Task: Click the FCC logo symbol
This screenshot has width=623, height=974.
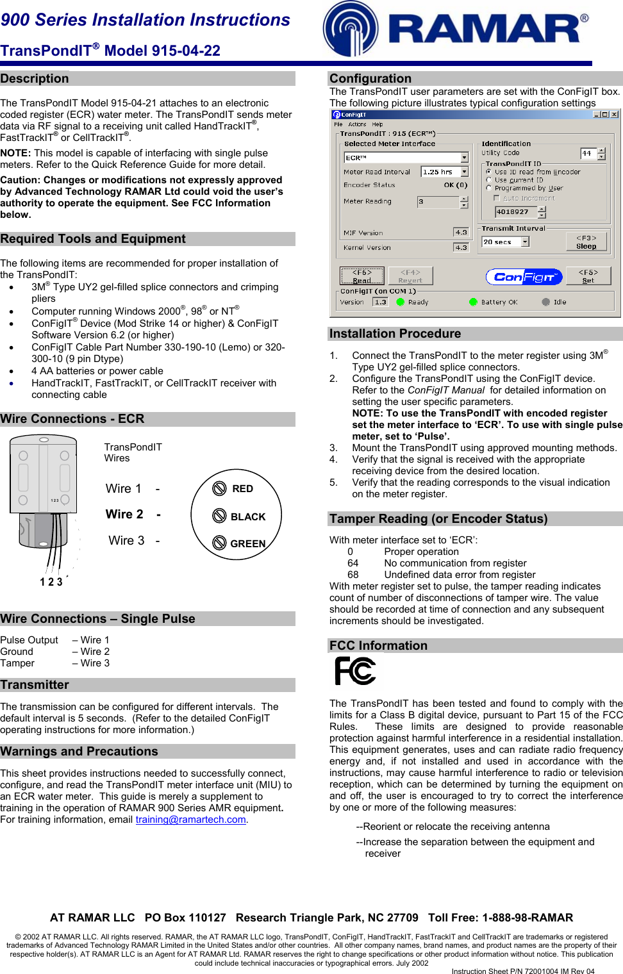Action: pos(355,671)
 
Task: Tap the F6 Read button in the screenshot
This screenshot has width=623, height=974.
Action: pos(361,276)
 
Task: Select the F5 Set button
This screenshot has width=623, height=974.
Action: pos(588,276)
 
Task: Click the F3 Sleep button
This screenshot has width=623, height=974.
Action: pos(586,242)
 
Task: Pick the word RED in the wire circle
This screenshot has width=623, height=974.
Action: pos(242,489)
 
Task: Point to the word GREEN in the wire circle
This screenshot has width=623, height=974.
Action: pos(247,544)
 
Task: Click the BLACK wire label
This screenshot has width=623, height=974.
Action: pos(247,517)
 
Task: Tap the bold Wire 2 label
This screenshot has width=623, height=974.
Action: pos(124,515)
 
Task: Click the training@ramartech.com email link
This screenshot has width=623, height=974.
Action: pos(190,820)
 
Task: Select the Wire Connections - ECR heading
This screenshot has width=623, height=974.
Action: pos(72,419)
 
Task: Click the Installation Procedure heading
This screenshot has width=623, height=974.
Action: pos(395,334)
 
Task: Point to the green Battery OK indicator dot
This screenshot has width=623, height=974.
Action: pos(473,302)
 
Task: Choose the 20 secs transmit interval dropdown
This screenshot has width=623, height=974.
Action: pos(505,242)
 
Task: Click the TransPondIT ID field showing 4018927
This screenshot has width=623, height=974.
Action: pos(516,211)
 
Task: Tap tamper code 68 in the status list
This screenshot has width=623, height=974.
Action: pos(353,575)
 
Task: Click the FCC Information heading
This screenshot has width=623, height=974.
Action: pos(378,646)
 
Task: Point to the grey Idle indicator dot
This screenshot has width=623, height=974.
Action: pos(545,302)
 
